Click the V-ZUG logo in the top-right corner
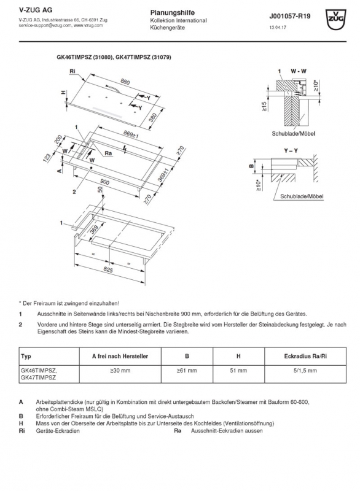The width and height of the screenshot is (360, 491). tap(336, 20)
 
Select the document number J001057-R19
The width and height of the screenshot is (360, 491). tap(289, 17)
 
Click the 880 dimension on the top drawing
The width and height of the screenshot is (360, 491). tap(125, 82)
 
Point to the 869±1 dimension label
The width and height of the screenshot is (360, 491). tap(131, 134)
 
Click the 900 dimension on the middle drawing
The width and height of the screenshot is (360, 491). tap(104, 182)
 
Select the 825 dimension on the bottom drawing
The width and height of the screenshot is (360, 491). tap(108, 269)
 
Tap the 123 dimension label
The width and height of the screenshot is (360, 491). tap(47, 158)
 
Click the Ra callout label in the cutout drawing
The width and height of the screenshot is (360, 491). tap(108, 153)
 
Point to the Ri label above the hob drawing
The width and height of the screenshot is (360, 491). tap(72, 71)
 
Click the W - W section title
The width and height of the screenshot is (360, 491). tap(299, 71)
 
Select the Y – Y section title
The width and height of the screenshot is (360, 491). tap(291, 150)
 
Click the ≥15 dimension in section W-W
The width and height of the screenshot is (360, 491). tap(264, 106)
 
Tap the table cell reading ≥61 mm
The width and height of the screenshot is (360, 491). tap(187, 371)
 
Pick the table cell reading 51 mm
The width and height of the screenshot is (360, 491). tap(238, 371)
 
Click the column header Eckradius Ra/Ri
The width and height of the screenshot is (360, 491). tap(305, 356)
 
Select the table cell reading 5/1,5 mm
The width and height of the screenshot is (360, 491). tap(305, 371)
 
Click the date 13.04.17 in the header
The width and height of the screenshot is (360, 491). tap(278, 28)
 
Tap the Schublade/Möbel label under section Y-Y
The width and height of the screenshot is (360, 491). tap(302, 196)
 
